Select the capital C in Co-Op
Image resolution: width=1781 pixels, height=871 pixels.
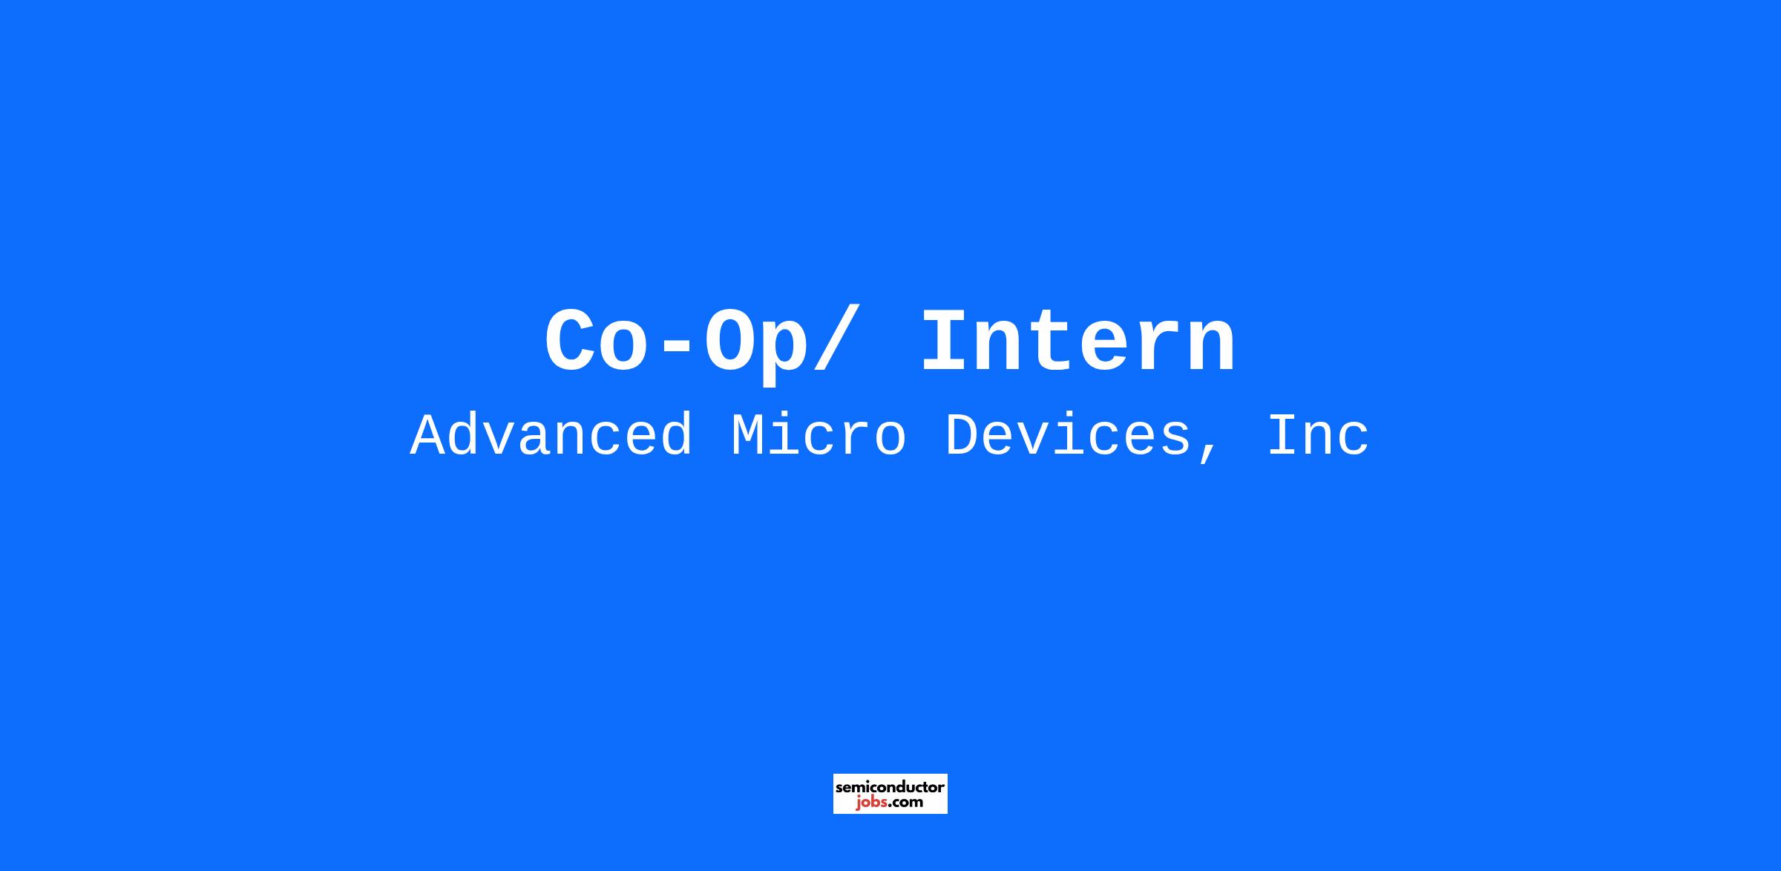(573, 341)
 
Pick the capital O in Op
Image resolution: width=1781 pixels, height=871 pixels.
(732, 341)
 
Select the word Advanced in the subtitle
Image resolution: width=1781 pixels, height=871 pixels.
(551, 436)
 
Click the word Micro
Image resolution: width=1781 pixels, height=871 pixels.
(819, 436)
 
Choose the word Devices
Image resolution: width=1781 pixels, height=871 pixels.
(1068, 437)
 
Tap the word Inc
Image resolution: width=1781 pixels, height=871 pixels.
(1318, 437)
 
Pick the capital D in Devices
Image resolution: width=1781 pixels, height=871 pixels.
(965, 437)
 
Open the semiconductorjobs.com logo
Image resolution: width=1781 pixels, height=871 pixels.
(890, 794)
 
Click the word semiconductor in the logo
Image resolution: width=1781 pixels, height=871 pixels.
(890, 786)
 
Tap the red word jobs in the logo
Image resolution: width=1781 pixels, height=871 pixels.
(870, 802)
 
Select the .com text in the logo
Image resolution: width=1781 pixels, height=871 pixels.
(905, 803)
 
